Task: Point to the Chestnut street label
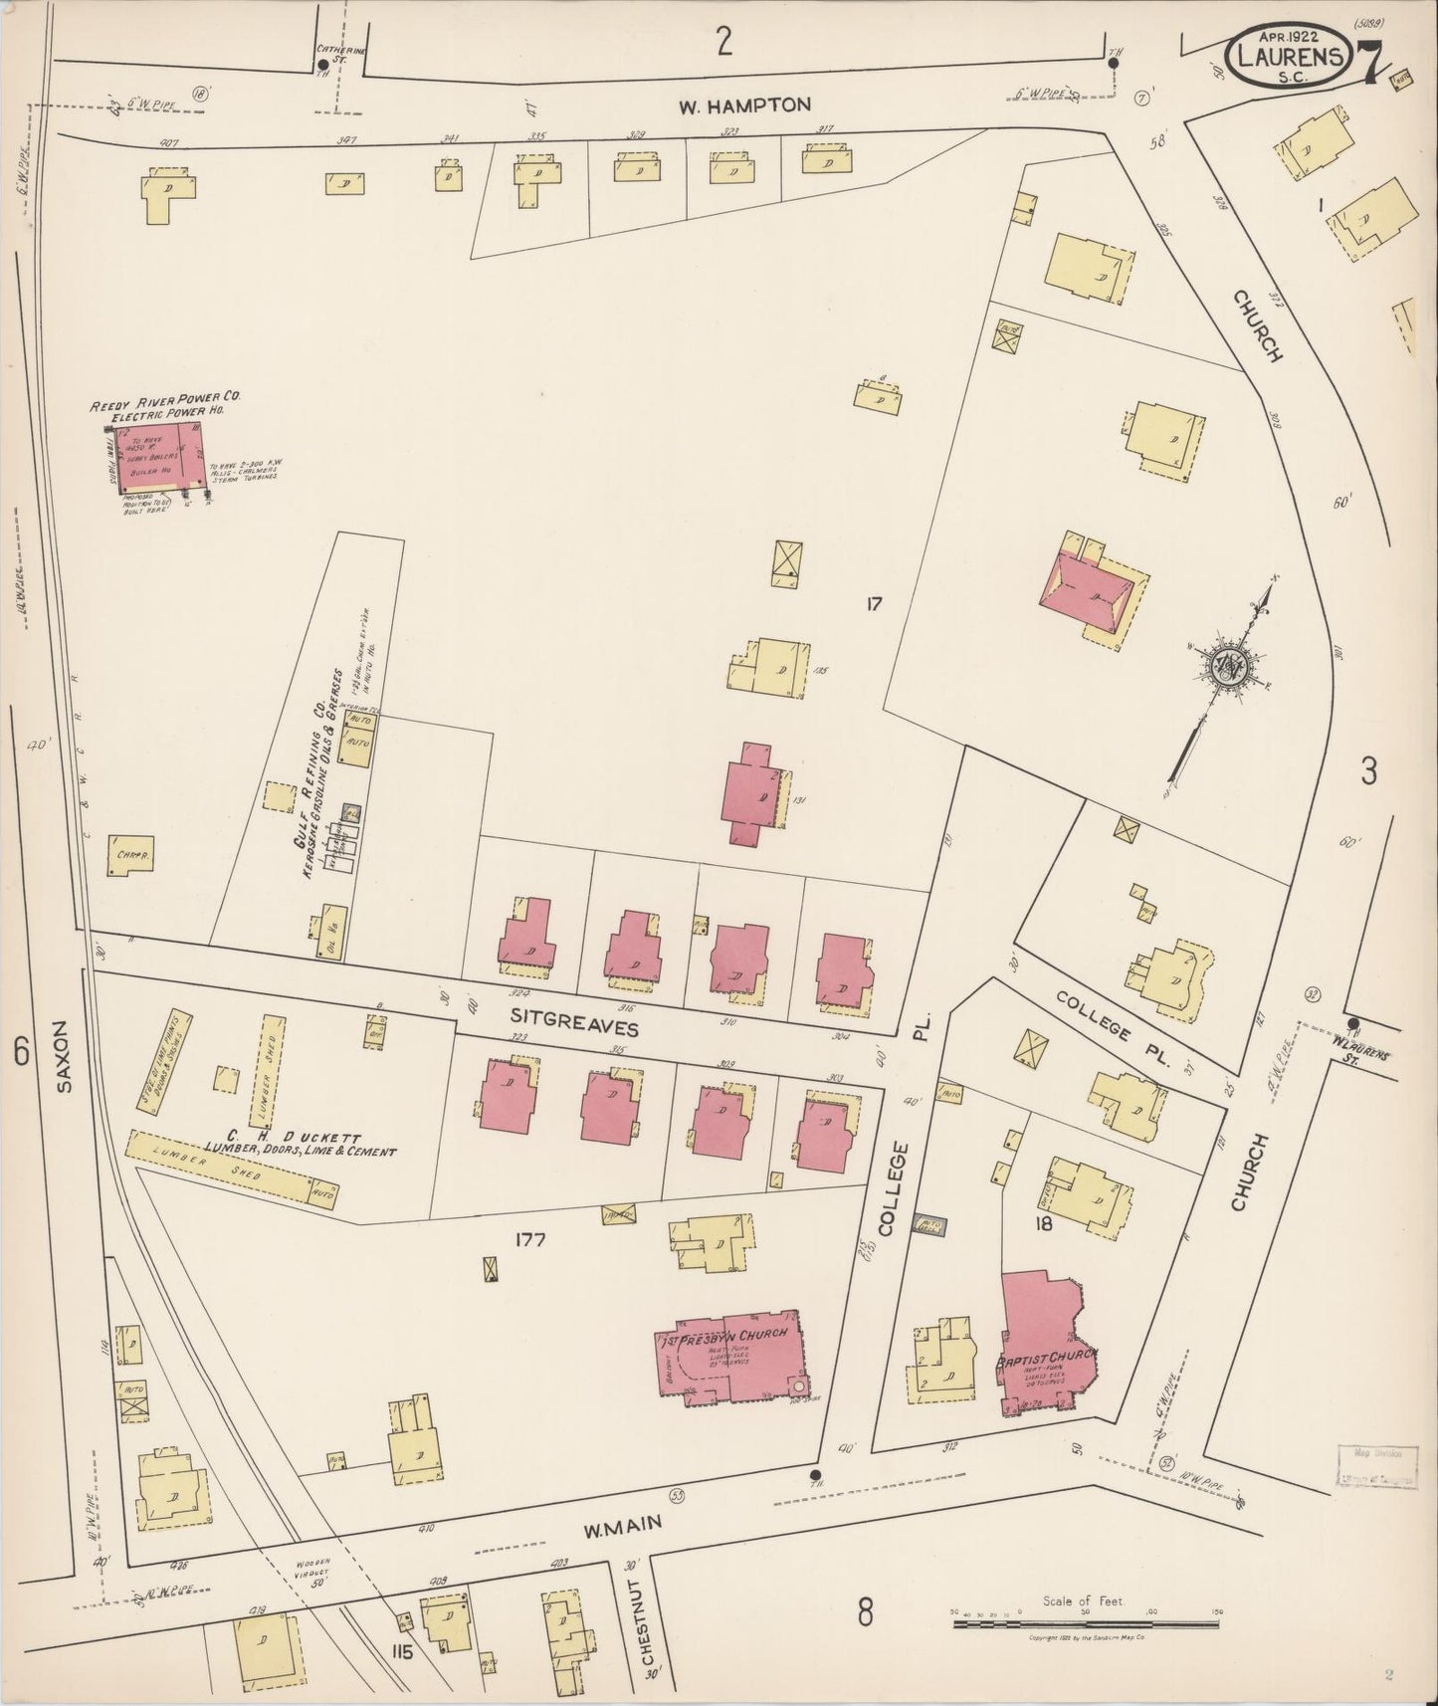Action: pos(648,1622)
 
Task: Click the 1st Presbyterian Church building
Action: pos(731,1361)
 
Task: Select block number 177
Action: pos(531,1239)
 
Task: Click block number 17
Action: pos(874,603)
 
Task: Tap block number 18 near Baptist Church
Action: pos(1043,1224)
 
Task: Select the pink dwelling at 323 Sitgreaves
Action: pos(510,1095)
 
